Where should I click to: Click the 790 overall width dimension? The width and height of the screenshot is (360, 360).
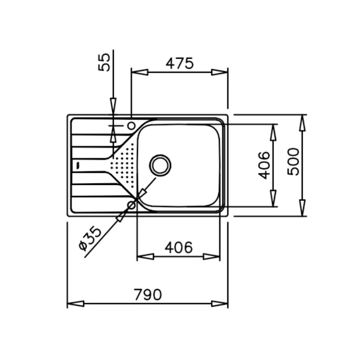(148, 295)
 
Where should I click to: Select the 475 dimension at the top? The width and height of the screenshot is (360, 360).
(180, 63)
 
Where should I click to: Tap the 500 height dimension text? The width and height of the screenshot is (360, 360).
(293, 162)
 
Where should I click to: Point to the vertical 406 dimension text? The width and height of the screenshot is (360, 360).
(264, 165)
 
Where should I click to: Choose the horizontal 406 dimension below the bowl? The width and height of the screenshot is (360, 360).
(179, 247)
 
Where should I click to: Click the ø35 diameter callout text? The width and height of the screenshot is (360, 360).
(89, 238)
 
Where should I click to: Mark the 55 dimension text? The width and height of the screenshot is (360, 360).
(104, 62)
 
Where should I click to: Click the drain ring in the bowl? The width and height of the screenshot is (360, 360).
(160, 165)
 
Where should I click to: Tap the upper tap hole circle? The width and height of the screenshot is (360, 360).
(132, 125)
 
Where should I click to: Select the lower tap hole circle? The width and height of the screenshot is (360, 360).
(132, 205)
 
